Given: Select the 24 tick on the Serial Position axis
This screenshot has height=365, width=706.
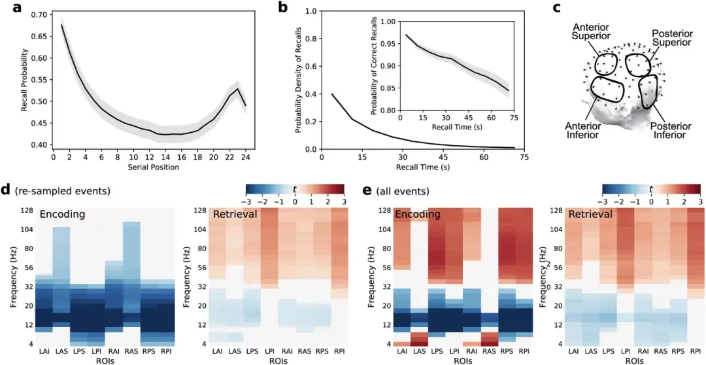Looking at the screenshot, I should [245, 158].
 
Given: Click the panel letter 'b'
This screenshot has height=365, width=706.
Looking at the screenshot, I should [283, 8].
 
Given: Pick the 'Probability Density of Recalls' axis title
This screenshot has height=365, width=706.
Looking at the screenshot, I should [298, 80].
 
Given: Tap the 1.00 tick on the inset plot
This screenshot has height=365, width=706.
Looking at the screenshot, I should [387, 22].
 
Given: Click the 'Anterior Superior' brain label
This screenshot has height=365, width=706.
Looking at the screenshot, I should [590, 33].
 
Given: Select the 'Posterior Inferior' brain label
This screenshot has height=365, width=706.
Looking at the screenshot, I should [670, 131].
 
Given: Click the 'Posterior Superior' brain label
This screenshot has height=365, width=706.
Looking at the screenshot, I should [671, 37].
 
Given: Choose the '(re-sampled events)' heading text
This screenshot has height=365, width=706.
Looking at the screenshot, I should [63, 192].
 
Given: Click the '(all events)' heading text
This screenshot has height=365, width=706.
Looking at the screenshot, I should [404, 192].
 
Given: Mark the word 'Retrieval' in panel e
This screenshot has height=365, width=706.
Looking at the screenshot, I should [591, 214].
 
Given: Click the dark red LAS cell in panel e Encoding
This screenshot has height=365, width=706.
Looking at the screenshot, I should [418, 339].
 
